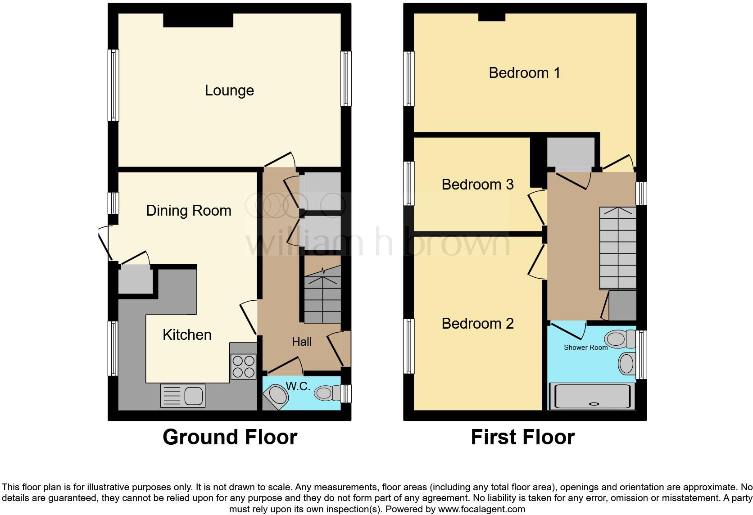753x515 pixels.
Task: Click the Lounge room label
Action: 229,90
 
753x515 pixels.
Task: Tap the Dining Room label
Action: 189,210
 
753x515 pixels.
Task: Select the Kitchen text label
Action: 187,334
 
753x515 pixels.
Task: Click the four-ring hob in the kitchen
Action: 243,366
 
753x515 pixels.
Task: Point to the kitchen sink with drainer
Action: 183,396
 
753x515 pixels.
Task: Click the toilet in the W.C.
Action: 327,393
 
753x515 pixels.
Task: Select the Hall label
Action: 301,342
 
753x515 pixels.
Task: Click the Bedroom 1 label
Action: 524,72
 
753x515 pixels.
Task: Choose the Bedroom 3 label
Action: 477,184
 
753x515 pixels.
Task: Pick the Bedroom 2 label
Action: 477,323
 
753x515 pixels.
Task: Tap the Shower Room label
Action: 585,347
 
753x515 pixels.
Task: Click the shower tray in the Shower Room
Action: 592,396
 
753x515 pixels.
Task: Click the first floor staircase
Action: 617,248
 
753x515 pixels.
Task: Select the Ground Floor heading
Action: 230,437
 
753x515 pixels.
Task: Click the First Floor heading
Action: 522,437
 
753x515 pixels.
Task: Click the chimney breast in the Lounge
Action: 198,20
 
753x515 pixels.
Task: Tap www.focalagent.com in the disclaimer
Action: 481,509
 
